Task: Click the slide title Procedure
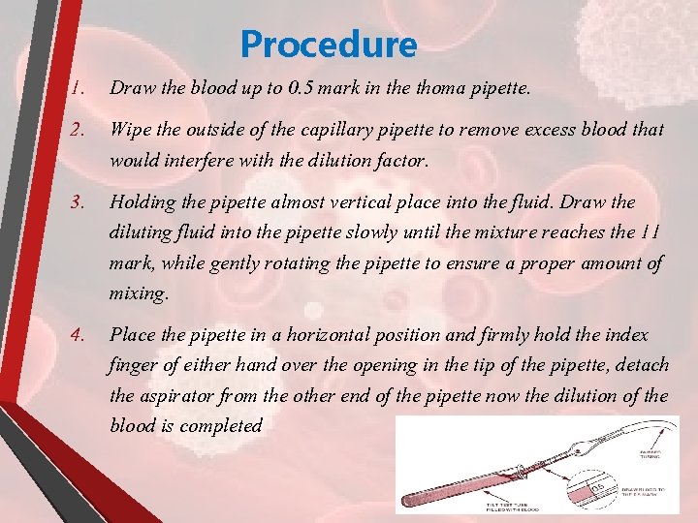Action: pyautogui.click(x=329, y=45)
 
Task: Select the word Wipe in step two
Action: pyautogui.click(x=129, y=129)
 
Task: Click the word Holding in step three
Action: pyautogui.click(x=142, y=202)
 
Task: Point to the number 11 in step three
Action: pyautogui.click(x=651, y=232)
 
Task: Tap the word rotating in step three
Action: pyautogui.click(x=288, y=262)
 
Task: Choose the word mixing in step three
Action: pyautogui.click(x=139, y=292)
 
